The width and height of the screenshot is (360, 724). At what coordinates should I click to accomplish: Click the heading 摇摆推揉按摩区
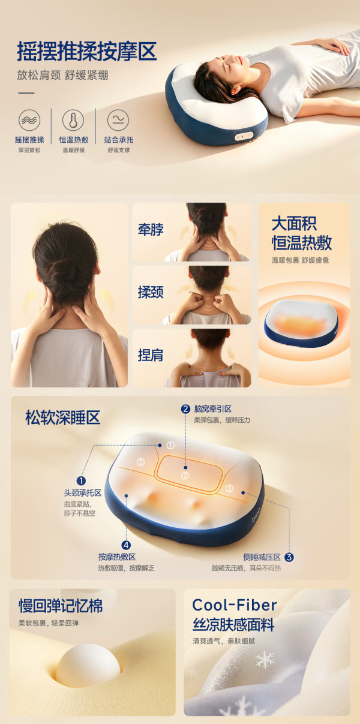point(87,51)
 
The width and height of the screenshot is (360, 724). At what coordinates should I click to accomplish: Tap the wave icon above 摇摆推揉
point(29,120)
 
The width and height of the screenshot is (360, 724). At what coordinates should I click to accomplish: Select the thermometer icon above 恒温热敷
point(73,120)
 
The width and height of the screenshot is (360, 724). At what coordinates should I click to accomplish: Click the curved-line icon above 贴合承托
point(118,120)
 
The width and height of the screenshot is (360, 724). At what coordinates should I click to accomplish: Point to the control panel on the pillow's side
point(244,136)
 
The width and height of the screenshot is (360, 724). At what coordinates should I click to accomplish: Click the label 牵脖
point(151,230)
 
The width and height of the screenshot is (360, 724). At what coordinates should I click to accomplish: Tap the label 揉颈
point(151,292)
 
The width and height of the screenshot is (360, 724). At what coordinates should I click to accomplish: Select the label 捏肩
point(151,355)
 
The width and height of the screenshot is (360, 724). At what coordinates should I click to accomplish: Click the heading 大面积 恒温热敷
point(302,233)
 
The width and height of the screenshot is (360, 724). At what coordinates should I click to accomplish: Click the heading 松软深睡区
point(62,417)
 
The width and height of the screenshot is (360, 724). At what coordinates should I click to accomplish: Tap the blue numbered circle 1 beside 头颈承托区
point(81,481)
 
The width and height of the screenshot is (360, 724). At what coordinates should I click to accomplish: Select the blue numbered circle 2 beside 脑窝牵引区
point(185,409)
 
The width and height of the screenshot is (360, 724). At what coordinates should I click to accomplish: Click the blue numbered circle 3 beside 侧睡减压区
point(289,557)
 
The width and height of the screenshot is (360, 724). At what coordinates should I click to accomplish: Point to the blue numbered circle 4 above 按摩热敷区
point(126,545)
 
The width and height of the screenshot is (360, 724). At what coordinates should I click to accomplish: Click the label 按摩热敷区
point(117,557)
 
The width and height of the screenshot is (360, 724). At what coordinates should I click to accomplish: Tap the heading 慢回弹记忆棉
point(61,605)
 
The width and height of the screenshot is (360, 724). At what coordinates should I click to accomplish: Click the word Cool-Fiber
point(235,605)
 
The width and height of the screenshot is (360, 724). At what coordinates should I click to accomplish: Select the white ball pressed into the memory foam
point(88,665)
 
